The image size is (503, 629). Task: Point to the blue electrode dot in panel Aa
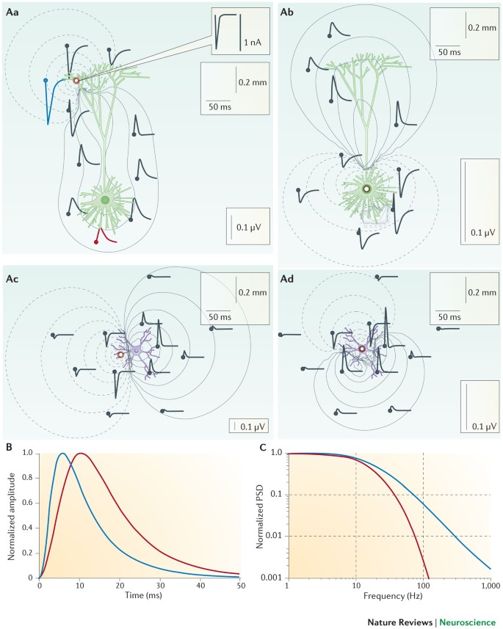pyautogui.click(x=46, y=80)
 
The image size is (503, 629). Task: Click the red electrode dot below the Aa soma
pyautogui.click(x=96, y=241)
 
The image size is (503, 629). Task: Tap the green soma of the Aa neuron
pyautogui.click(x=106, y=200)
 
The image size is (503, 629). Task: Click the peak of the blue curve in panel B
pyautogui.click(x=62, y=454)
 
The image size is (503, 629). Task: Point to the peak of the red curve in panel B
pyautogui.click(x=81, y=454)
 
